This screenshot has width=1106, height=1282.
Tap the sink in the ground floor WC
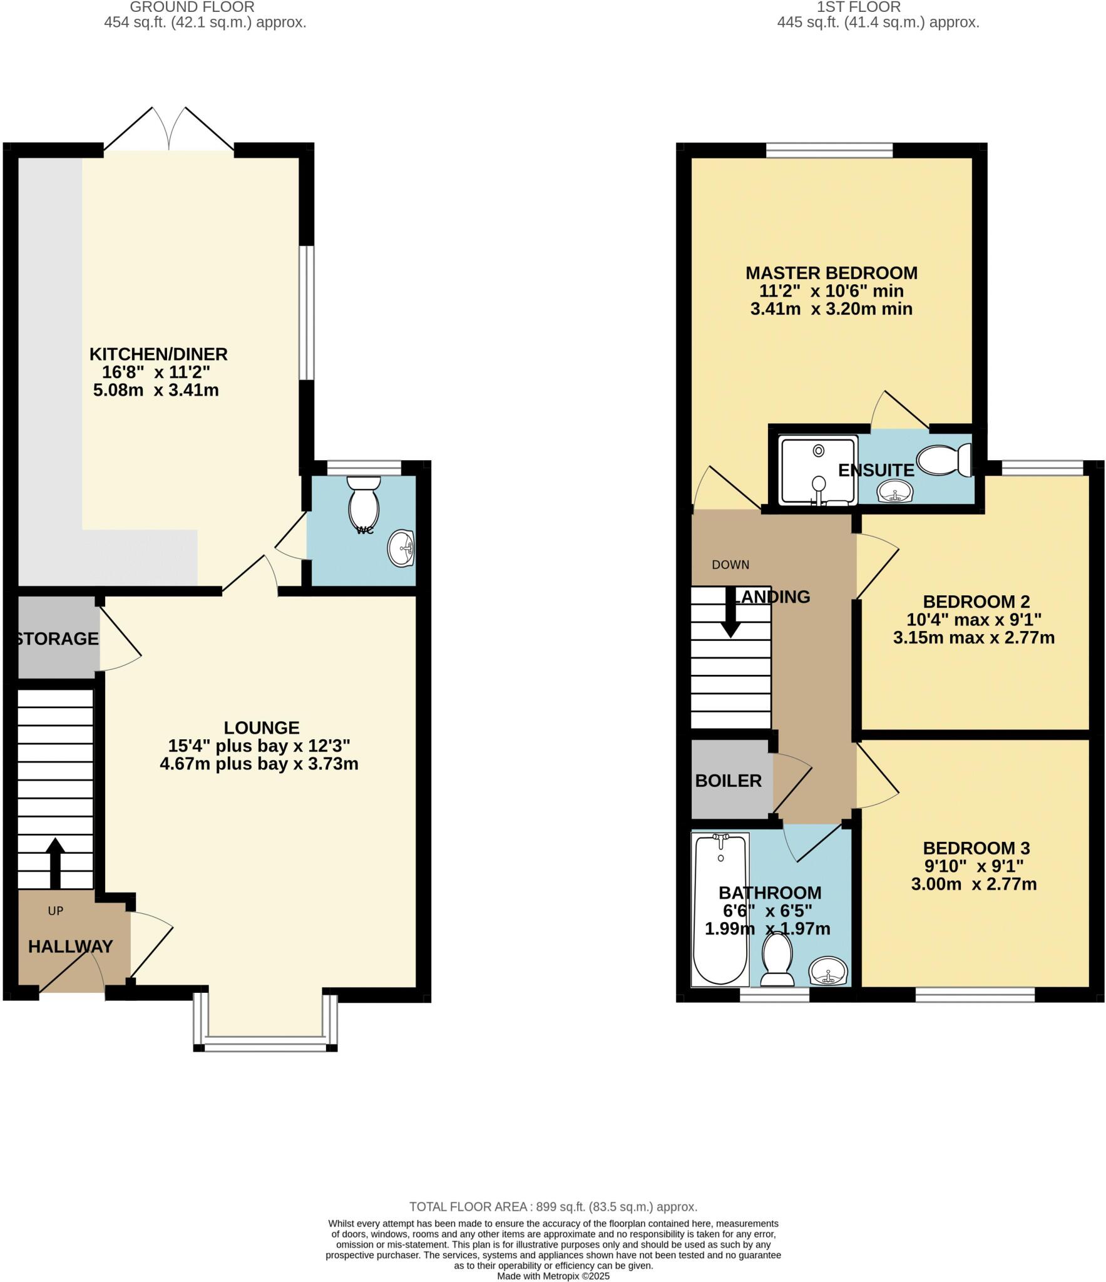[x=401, y=548]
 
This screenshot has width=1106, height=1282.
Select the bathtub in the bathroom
[x=720, y=908]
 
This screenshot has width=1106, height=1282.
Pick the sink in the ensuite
[x=896, y=491]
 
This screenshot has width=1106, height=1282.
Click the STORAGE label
[x=56, y=638]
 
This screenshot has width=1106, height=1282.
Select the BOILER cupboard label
[x=728, y=781]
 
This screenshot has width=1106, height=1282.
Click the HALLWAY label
[x=71, y=946]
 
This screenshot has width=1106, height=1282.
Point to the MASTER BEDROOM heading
[x=831, y=273]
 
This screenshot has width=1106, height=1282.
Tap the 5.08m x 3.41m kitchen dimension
[x=156, y=391]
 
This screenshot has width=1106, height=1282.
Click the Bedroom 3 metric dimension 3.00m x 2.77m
[x=974, y=885]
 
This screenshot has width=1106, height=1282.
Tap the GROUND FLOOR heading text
[x=192, y=8]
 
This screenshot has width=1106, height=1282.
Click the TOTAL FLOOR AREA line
[x=553, y=1206]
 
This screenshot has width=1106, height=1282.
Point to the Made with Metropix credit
[x=553, y=1276]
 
